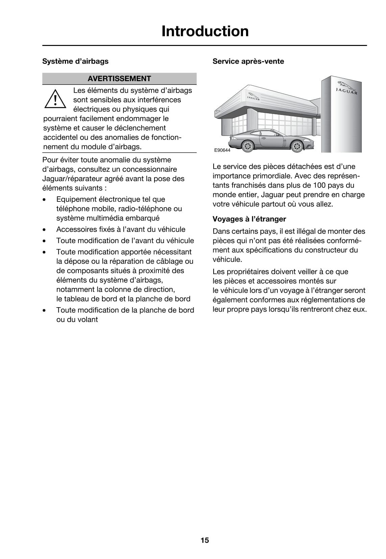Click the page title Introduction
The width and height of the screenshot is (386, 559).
click(205, 31)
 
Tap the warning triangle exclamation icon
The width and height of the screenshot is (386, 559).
click(55, 99)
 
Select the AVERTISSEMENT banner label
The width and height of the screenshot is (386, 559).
click(119, 78)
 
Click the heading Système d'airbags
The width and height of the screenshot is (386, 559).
click(75, 61)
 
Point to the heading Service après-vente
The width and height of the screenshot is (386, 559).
click(248, 61)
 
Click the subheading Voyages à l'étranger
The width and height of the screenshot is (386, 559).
click(249, 219)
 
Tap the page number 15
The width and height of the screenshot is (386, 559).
click(205, 540)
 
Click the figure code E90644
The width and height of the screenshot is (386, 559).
click(222, 150)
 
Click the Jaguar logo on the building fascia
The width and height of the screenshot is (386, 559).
click(253, 97)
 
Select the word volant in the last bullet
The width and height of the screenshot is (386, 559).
click(88, 320)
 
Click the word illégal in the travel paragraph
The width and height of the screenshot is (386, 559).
click(298, 232)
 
